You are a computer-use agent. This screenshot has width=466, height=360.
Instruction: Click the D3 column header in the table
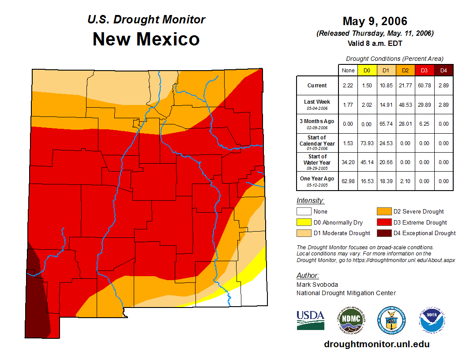[x=424, y=70]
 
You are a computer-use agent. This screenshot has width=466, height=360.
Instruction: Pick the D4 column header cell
[x=443, y=70]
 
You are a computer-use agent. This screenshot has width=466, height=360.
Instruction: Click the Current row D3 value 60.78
[x=424, y=86]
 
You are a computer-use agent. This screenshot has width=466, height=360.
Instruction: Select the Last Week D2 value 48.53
[x=405, y=105]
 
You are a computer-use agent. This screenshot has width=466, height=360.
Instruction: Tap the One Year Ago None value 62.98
[x=348, y=181]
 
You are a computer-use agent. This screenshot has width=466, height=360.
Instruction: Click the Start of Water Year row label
[x=317, y=162]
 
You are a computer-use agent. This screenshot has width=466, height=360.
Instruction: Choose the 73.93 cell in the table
[x=367, y=143]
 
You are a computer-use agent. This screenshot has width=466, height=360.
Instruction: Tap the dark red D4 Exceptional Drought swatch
[x=383, y=233]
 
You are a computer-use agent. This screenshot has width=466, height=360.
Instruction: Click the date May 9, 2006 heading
[x=375, y=21]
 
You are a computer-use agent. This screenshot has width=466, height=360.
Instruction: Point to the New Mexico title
[x=146, y=39]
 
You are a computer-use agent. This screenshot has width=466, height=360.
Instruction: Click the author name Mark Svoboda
[x=318, y=285]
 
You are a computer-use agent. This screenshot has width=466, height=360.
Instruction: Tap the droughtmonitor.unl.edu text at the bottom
[x=376, y=344]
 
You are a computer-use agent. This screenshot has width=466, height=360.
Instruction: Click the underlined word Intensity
[x=310, y=201]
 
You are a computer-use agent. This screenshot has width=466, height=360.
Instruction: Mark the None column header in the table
[x=348, y=70]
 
